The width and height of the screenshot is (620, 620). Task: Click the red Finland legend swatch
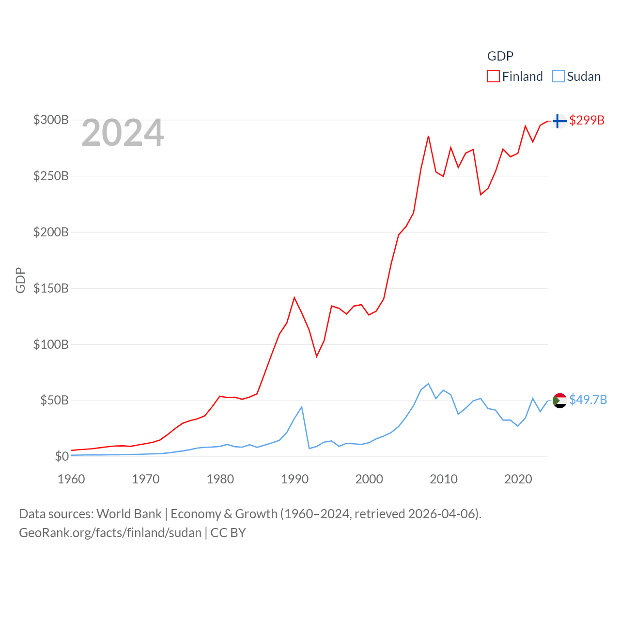(493, 77)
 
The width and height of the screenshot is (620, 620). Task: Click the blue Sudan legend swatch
(558, 77)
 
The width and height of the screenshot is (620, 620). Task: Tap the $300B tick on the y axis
(51, 120)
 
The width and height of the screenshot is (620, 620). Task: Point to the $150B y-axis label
(51, 288)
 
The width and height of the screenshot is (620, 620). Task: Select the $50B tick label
(54, 400)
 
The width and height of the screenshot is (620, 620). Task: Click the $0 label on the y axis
(62, 456)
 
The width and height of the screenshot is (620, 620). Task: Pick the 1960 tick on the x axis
(71, 479)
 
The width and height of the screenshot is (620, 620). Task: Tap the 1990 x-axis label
(294, 479)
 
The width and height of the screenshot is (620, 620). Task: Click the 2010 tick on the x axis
(444, 479)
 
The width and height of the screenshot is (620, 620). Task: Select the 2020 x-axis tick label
(518, 479)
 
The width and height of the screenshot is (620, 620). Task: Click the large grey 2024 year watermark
(123, 133)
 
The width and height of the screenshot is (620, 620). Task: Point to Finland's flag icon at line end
(559, 121)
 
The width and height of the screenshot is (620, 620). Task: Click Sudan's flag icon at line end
(559, 401)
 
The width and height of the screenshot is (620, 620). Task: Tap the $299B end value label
(587, 120)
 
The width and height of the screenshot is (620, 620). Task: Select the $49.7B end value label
(588, 400)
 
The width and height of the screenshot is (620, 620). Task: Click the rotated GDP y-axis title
(20, 280)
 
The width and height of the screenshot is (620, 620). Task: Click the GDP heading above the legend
(500, 56)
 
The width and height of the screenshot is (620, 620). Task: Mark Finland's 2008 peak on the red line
(429, 136)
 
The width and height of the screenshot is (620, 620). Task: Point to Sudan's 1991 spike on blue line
(302, 407)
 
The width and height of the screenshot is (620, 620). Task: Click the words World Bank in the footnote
(129, 514)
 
